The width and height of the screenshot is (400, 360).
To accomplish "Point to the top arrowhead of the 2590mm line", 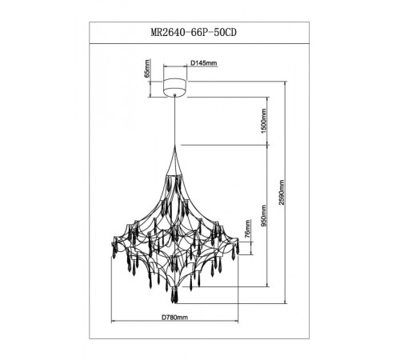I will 286,81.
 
